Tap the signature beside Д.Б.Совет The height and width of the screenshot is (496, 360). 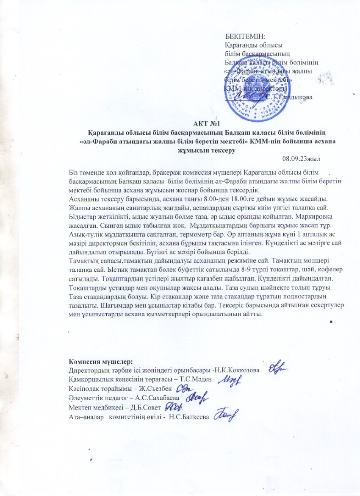pyautogui.click(x=173, y=407)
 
